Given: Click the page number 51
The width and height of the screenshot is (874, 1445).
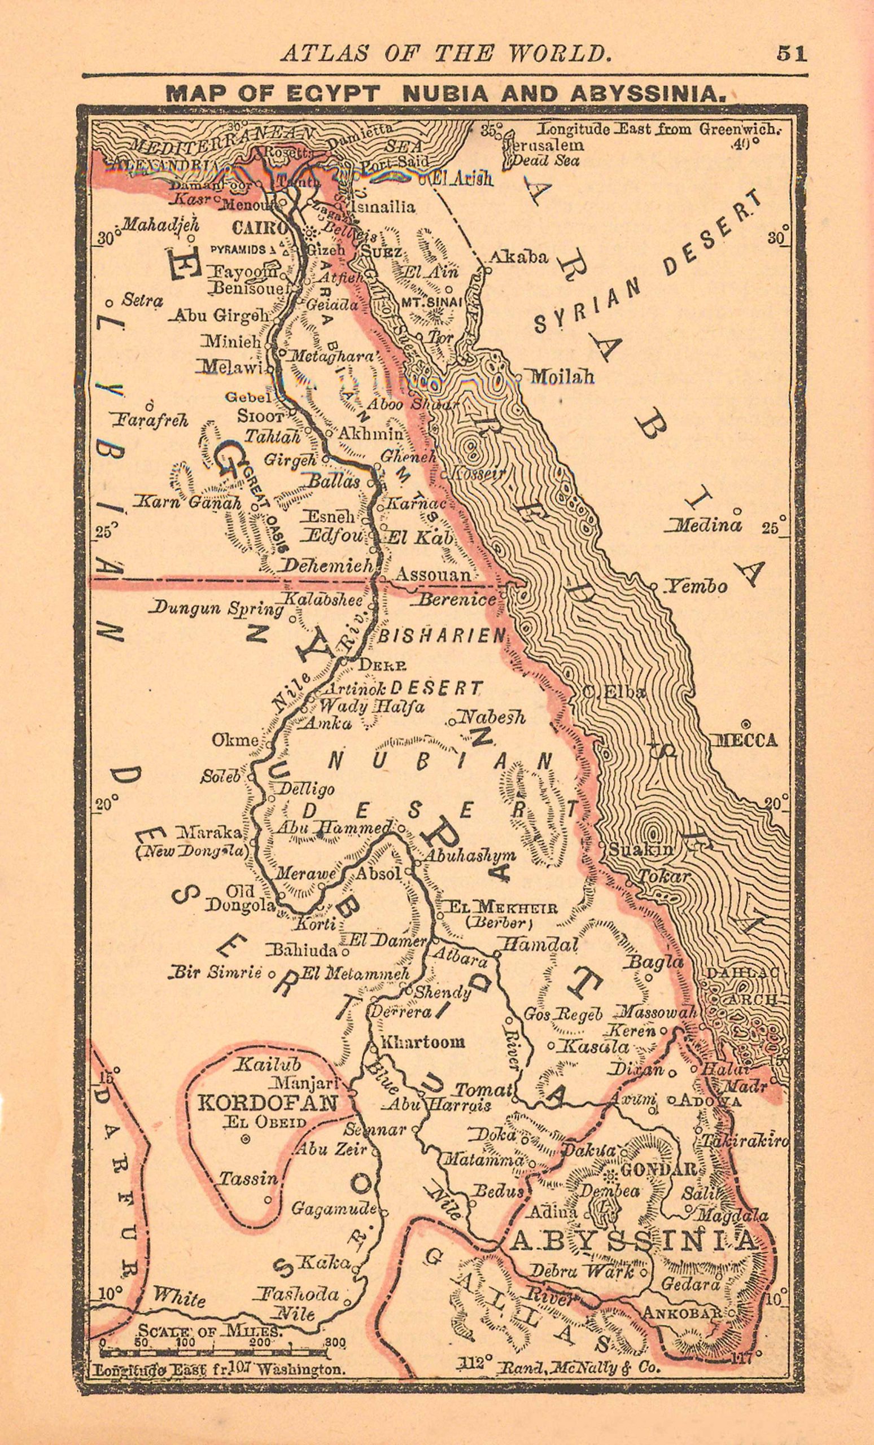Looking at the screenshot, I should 792,54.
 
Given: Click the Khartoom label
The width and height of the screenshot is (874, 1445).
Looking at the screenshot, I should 423,1041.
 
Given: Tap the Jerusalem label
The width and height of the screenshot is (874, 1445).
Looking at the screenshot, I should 544,145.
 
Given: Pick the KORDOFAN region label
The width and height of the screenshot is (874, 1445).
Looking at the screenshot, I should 268,1103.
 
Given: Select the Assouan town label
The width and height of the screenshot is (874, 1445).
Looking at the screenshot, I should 434,575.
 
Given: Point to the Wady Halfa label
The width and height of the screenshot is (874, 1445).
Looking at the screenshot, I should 373,706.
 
